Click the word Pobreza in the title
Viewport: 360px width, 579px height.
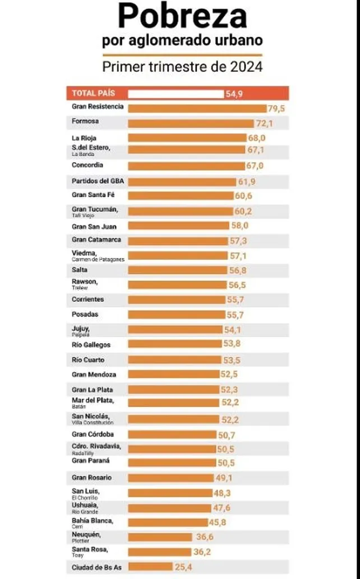pos(182,17)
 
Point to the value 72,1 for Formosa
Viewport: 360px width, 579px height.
pos(264,123)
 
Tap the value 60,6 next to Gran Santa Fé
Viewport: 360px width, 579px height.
pos(244,196)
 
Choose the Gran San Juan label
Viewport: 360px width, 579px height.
pos(94,226)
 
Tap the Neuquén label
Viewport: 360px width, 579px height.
pos(86,534)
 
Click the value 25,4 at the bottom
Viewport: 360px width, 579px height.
pos(183,567)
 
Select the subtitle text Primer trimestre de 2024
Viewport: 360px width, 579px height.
pos(182,67)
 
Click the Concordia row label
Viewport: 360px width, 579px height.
pos(87,166)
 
